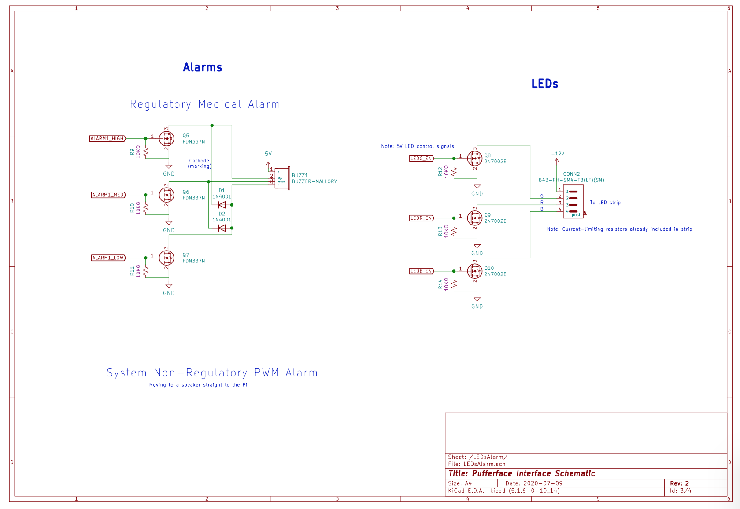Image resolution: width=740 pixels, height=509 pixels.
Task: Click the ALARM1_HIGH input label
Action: (107, 139)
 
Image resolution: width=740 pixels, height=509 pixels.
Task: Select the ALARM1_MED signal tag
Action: (108, 195)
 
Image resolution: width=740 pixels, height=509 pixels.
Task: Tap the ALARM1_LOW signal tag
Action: (108, 258)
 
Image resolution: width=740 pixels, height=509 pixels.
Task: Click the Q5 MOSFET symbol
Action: (166, 139)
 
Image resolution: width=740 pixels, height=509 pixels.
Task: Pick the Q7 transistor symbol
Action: (166, 258)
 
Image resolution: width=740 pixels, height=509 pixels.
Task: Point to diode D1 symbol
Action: (222, 205)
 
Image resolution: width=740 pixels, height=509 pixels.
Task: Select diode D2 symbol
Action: (222, 228)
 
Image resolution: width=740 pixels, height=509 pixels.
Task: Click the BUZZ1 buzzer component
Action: (282, 178)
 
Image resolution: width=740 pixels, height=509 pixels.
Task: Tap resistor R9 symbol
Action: (146, 152)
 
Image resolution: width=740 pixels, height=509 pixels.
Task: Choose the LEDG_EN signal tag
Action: (422, 159)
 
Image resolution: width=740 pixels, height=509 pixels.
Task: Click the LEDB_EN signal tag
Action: (422, 271)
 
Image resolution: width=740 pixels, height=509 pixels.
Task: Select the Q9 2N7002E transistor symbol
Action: (475, 218)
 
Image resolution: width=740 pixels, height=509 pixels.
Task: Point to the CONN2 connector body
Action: (573, 202)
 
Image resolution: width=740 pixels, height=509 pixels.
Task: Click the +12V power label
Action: (558, 154)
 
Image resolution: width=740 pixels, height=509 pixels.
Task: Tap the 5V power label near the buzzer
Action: (268, 154)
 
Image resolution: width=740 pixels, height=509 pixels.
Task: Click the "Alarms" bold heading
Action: (203, 67)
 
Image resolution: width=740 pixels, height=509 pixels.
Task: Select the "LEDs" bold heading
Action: (545, 84)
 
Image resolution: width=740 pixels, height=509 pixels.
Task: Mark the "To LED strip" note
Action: (605, 203)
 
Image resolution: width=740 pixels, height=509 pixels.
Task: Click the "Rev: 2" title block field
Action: (679, 483)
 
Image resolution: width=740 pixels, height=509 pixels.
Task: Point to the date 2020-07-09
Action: (543, 483)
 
